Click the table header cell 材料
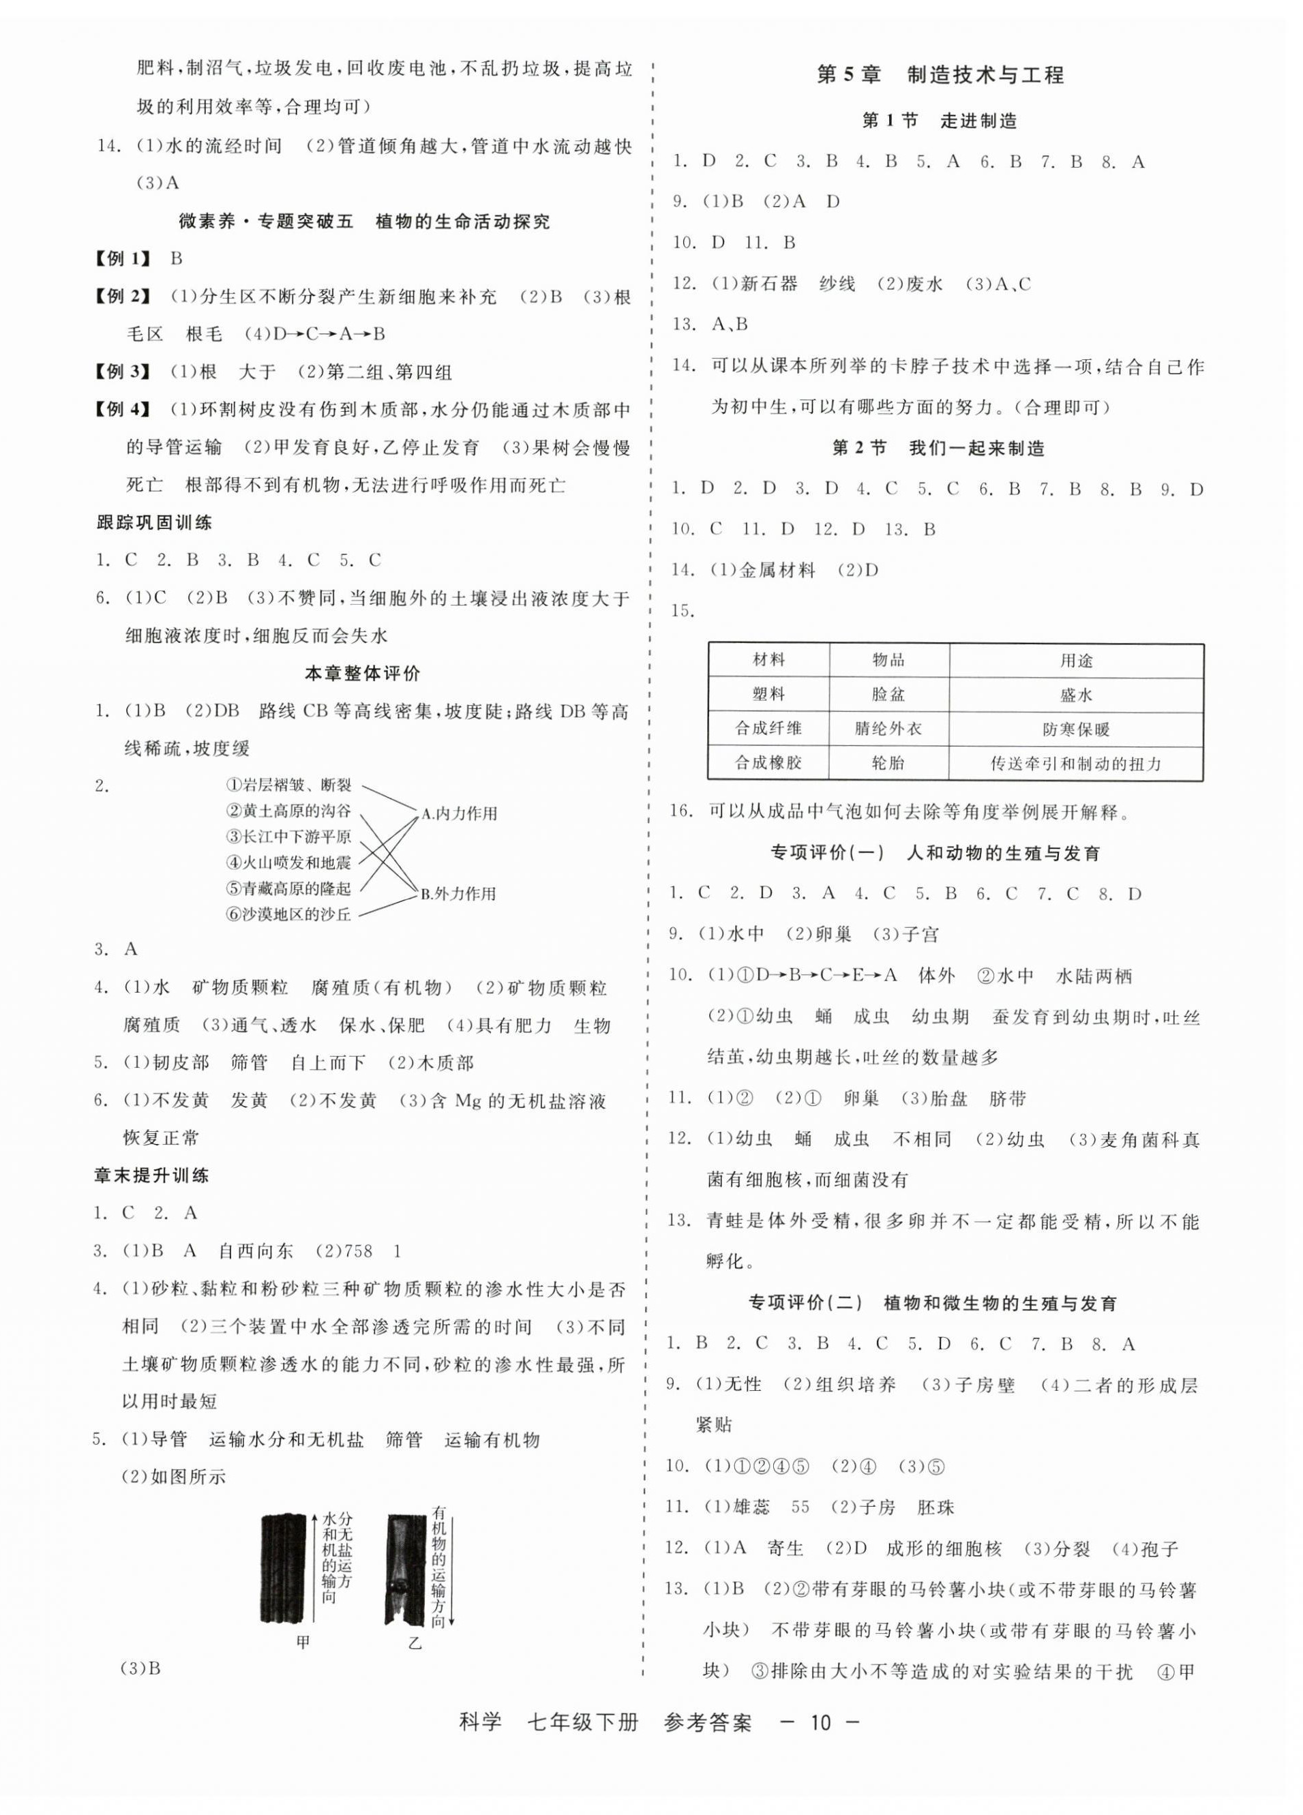[768, 660]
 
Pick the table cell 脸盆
[888, 695]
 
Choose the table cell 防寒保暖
[1076, 729]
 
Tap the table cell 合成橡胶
[768, 763]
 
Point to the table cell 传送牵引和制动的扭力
[1076, 764]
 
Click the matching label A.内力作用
[460, 814]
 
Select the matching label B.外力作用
[459, 894]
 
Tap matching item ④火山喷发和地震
[288, 862]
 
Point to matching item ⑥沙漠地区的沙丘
[288, 914]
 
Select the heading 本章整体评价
[363, 674]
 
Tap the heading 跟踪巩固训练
[153, 524]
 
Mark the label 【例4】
[123, 410]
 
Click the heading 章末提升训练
[152, 1175]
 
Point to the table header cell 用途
[1076, 660]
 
